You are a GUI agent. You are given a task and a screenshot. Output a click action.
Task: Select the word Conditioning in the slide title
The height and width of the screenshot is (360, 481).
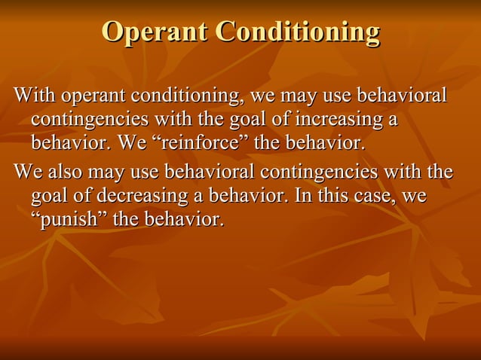point(297,32)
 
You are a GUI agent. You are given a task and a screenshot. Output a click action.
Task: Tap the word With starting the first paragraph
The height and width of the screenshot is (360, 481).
point(35,98)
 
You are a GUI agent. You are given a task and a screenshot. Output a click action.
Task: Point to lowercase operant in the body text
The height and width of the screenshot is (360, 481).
point(94,98)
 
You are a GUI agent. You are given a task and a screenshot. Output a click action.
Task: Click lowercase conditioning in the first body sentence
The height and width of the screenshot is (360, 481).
point(182,98)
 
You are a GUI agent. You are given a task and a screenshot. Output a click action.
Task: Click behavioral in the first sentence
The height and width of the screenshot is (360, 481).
point(400,98)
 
